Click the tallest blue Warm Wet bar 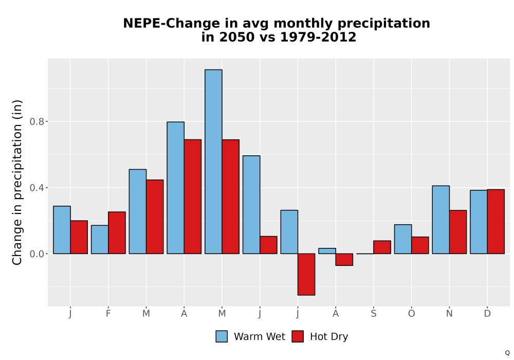coord(213,161)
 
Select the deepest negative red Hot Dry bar coord(306,275)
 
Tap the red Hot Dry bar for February coord(117,233)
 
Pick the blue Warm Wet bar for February coord(100,239)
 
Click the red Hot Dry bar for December coord(495,222)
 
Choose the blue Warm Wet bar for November coord(441,220)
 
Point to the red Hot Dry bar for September coord(382,247)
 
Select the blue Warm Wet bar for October coord(403,239)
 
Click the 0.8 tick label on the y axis coord(36,122)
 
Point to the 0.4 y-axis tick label coord(36,188)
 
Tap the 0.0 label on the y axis coord(36,254)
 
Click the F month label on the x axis coord(108,314)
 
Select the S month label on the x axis coord(373,314)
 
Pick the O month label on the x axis coord(411,314)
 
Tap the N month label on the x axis coord(449,314)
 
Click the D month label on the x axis coord(487,314)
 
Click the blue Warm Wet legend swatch coord(222,336)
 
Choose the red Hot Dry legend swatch coord(298,336)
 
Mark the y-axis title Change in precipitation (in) coord(17,182)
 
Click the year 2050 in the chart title coord(236,37)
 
